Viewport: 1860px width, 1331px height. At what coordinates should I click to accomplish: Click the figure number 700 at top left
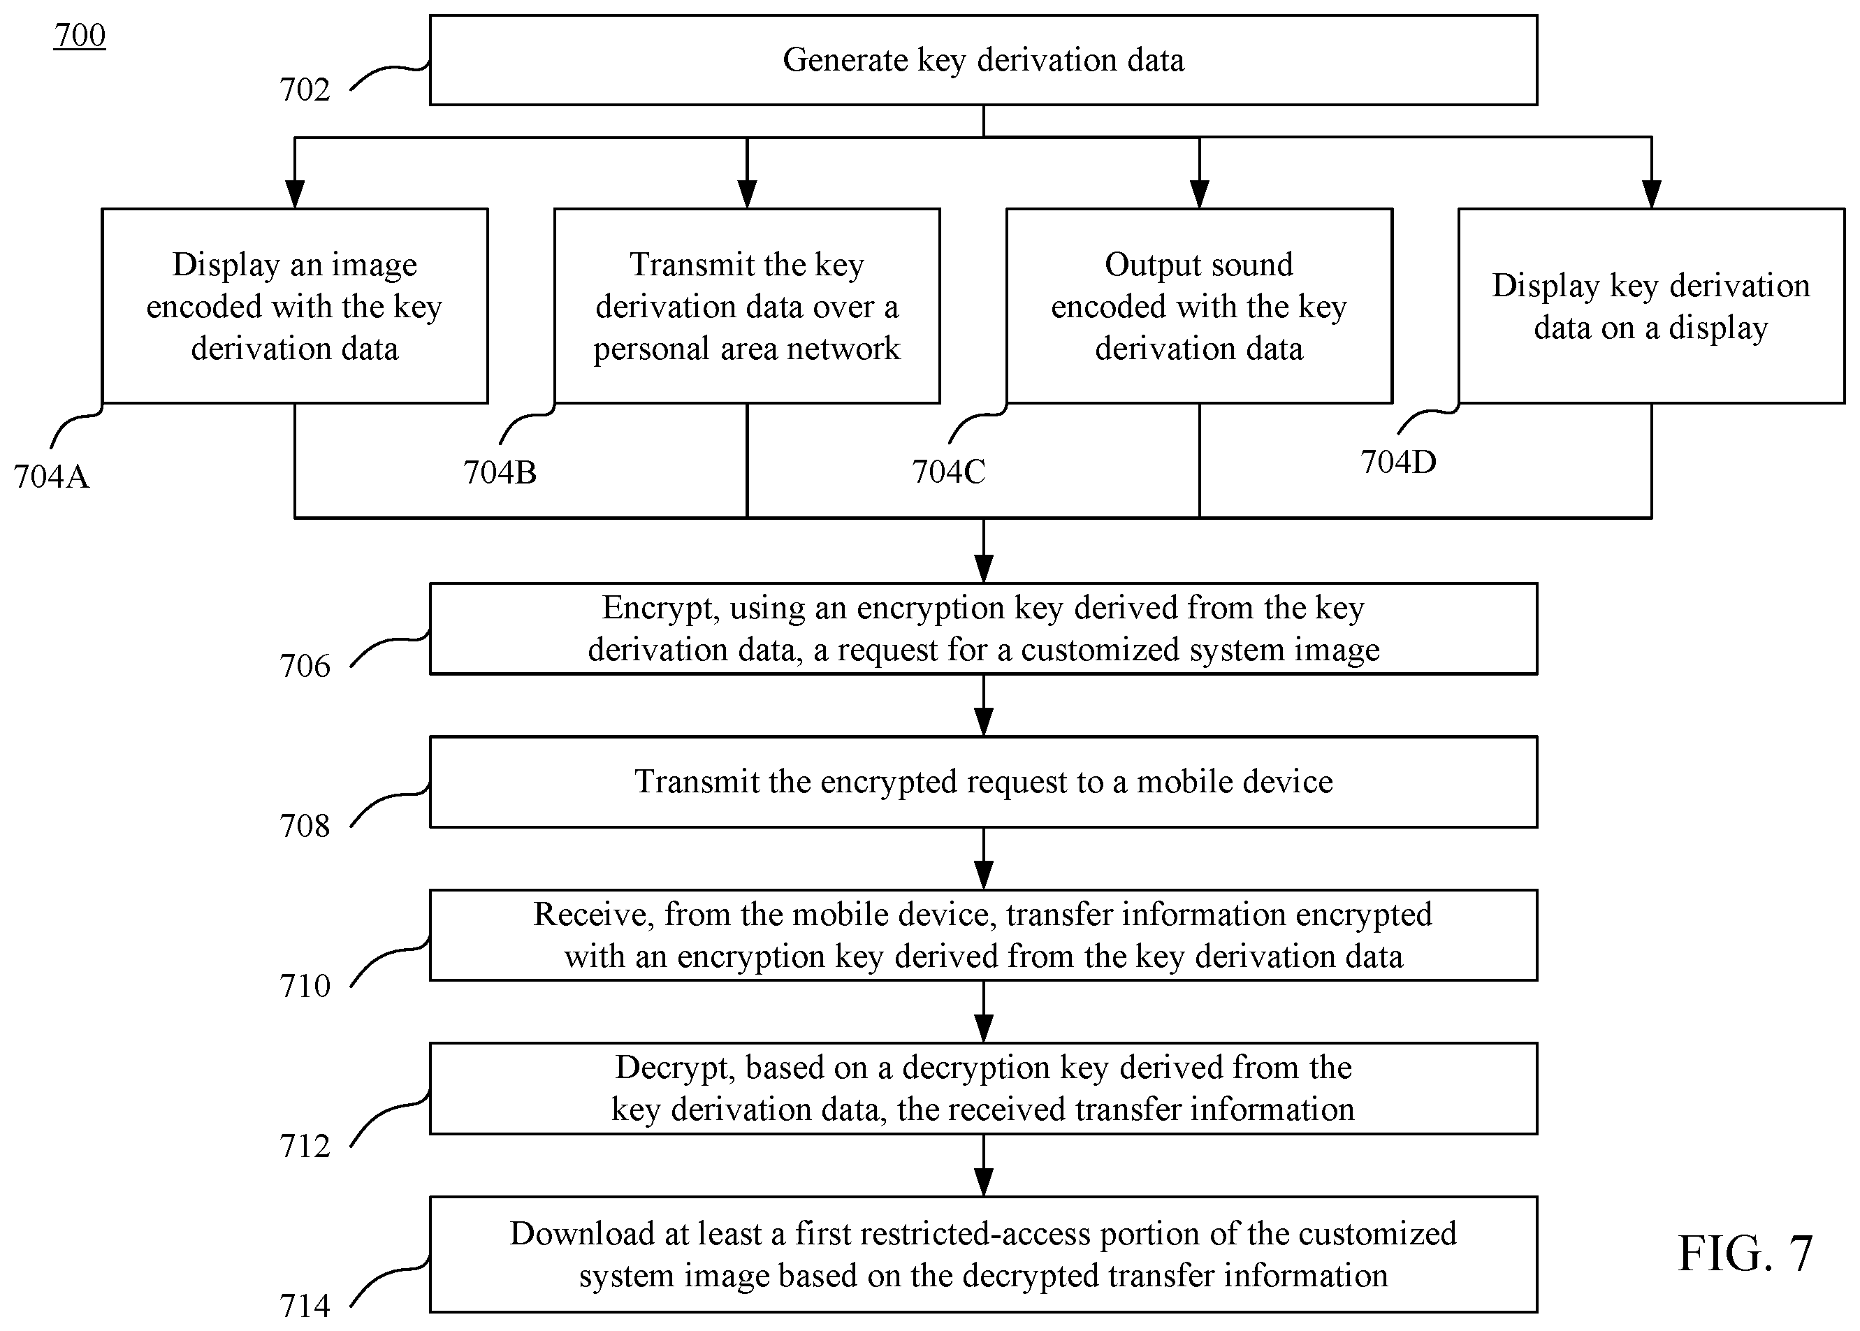80,35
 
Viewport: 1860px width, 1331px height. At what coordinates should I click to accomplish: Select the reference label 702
305,89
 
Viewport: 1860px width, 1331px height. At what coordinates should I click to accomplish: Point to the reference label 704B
500,472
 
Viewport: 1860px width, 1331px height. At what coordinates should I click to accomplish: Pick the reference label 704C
949,471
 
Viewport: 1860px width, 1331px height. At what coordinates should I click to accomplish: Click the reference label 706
305,665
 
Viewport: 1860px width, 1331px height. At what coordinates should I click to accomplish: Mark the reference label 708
305,825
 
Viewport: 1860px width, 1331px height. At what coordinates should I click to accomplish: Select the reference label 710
305,985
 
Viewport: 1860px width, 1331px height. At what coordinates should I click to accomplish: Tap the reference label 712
305,1146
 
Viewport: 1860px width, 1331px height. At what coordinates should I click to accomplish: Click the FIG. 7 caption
1745,1253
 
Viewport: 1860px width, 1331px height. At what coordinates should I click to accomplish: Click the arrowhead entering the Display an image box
295,194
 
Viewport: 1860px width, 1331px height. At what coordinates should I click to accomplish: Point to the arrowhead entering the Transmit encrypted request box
983,722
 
